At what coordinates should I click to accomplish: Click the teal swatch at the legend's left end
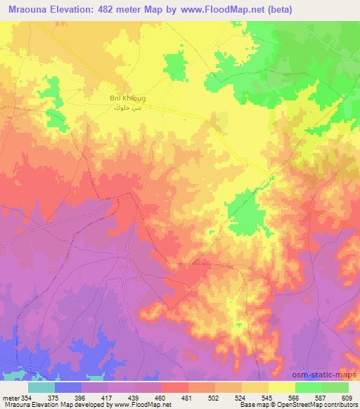coord(41,387)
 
